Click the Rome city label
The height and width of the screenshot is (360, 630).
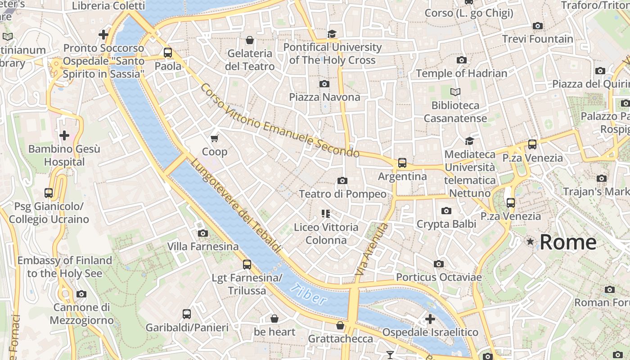coord(568,242)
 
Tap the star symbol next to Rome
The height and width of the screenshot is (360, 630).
coord(531,242)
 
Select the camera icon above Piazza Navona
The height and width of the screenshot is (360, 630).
coord(324,84)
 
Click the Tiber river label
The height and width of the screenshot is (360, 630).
coord(309,295)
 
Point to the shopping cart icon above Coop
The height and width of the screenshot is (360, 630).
coord(215,138)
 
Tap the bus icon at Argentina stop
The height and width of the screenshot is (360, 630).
coord(402,163)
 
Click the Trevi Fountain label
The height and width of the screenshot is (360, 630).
coord(538,39)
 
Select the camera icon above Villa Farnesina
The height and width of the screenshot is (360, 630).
coord(203,233)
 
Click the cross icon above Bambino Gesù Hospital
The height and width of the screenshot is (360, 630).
coord(64,135)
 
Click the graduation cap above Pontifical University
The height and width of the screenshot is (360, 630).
coord(332,34)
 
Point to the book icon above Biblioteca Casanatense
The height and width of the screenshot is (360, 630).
coord(455,92)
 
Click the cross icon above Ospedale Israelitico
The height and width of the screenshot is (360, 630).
coord(430,319)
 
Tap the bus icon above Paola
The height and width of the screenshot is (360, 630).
coord(168,53)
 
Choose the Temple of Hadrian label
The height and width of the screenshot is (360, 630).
coord(461,73)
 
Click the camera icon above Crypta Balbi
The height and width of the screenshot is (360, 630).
coord(446,211)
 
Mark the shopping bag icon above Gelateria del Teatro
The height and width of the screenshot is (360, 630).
coord(250,40)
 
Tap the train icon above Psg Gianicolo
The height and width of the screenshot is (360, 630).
coord(49,193)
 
